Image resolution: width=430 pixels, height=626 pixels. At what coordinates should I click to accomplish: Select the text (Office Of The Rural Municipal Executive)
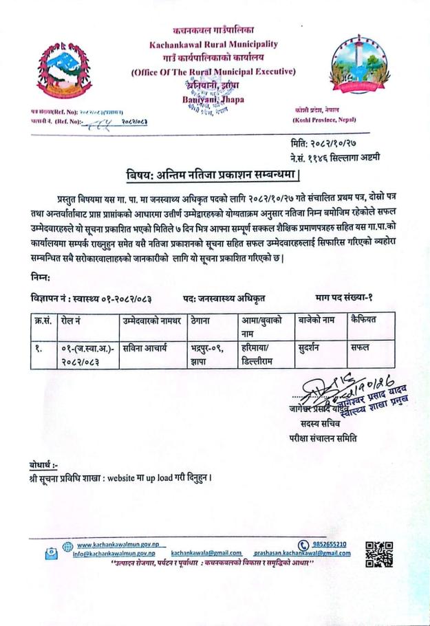pos(213,72)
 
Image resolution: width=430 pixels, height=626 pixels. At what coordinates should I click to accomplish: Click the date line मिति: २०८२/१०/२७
pos(323,145)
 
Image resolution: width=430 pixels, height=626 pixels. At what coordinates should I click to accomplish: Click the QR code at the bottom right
pos(379,554)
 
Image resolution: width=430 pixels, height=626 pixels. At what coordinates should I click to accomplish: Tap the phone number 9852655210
pos(326,544)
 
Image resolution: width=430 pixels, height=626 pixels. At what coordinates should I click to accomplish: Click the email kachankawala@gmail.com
pos(206,552)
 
